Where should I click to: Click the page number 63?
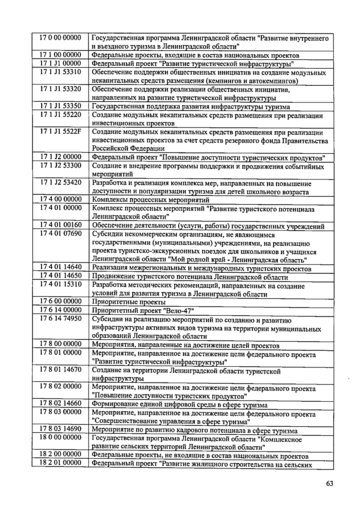[x=329, y=484]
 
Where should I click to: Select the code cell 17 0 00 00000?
[x=61, y=38]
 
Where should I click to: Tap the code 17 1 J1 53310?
[x=61, y=72]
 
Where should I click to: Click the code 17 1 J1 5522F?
[x=61, y=132]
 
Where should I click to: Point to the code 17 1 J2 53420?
[x=61, y=182]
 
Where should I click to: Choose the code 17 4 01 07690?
[x=61, y=233]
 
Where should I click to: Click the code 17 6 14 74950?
[x=61, y=318]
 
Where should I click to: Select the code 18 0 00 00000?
[x=61, y=437]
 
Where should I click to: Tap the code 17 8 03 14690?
[x=61, y=429]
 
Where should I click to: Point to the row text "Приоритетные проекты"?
[x=129, y=302]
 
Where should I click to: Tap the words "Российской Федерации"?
[x=128, y=148]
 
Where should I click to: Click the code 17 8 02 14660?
[x=61, y=403]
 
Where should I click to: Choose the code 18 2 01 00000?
[x=61, y=463]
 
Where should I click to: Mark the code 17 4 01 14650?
[x=61, y=276]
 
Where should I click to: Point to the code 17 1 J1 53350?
[x=61, y=106]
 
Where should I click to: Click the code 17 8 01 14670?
[x=61, y=370]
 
